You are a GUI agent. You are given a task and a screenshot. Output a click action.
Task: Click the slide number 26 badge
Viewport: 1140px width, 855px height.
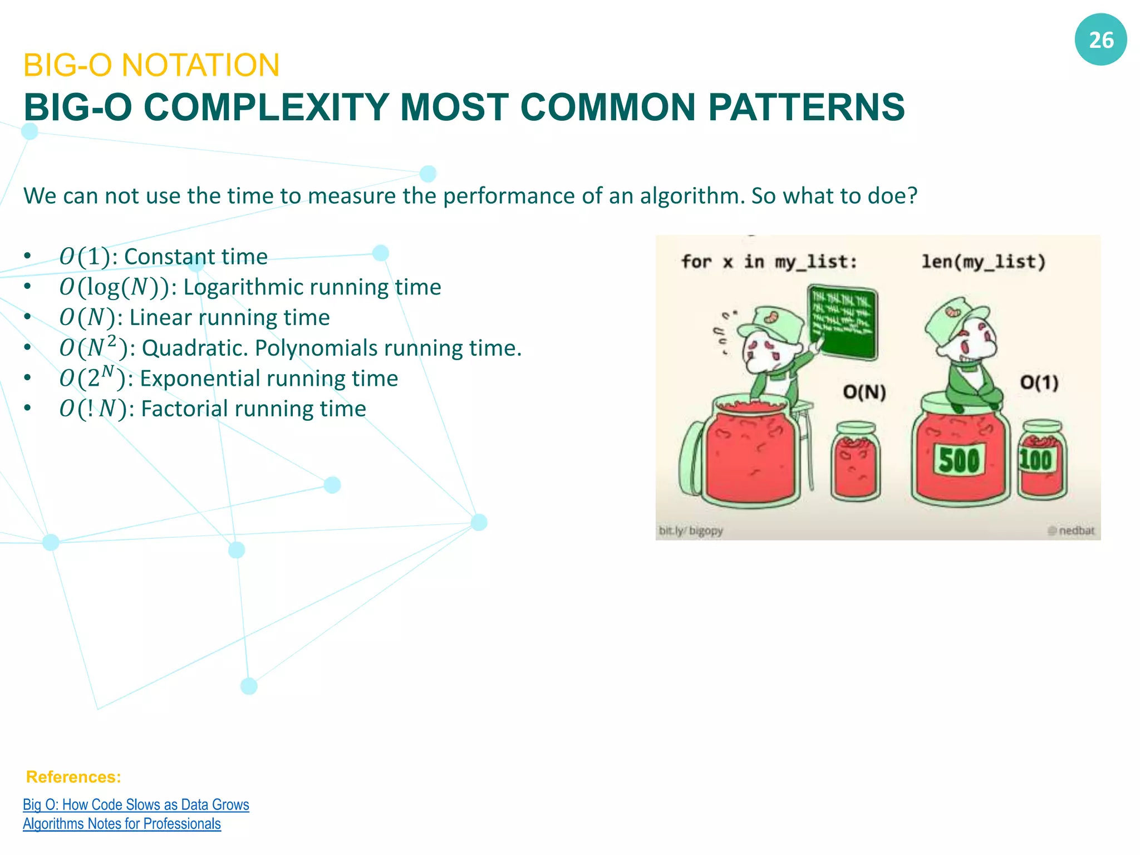point(1100,40)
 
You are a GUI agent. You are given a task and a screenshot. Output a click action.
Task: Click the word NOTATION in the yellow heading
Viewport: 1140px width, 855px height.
point(200,65)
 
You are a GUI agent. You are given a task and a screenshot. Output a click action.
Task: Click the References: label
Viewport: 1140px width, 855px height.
point(73,777)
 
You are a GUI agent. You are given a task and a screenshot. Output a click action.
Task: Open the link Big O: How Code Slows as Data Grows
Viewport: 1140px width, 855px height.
point(136,805)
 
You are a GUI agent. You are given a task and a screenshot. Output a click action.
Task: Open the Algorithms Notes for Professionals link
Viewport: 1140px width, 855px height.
point(122,824)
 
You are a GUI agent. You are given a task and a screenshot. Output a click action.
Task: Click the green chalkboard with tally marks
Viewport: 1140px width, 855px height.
point(842,321)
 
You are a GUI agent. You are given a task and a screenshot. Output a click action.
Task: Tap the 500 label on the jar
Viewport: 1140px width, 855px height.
point(959,460)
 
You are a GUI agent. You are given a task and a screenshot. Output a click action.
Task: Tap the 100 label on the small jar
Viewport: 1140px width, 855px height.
point(1035,460)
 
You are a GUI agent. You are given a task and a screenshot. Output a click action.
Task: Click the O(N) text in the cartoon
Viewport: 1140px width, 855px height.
point(864,392)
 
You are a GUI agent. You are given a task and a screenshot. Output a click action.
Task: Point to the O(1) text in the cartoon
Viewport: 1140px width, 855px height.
point(1039,382)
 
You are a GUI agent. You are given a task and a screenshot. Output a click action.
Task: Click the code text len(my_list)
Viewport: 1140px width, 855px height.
point(984,261)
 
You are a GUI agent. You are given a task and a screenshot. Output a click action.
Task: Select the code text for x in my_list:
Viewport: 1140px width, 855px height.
point(769,262)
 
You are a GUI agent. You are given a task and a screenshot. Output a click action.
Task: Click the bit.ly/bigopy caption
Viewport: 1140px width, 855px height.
point(690,530)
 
